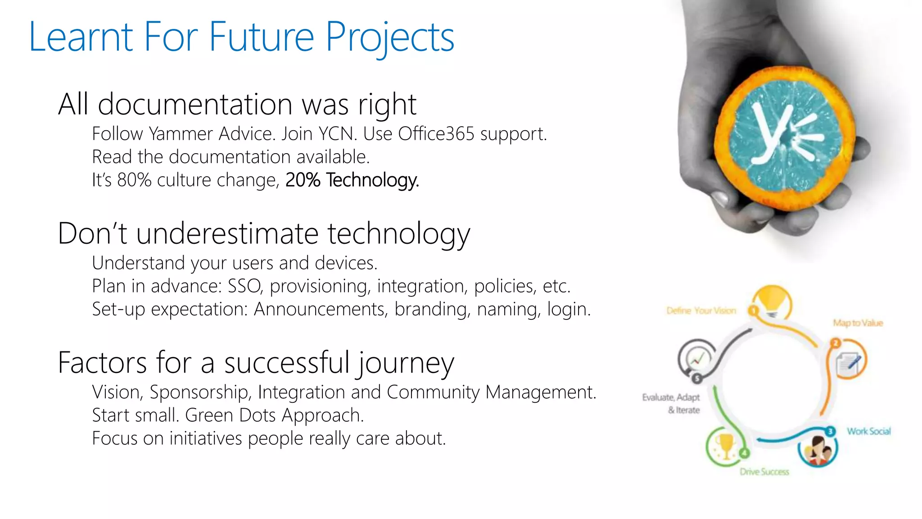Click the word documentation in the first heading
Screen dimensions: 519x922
[195, 105]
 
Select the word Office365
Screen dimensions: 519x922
[436, 134]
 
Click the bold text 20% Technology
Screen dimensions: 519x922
[352, 180]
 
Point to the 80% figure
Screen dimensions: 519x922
[134, 180]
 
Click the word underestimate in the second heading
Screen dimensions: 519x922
[227, 234]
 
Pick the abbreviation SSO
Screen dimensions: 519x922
[244, 286]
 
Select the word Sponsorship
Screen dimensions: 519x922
[199, 392]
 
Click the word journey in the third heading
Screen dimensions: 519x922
[406, 363]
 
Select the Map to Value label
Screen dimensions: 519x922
[858, 323]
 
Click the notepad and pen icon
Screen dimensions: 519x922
[848, 362]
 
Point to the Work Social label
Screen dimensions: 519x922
[868, 431]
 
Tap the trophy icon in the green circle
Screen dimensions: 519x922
[725, 445]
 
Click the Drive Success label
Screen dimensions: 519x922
[764, 472]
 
